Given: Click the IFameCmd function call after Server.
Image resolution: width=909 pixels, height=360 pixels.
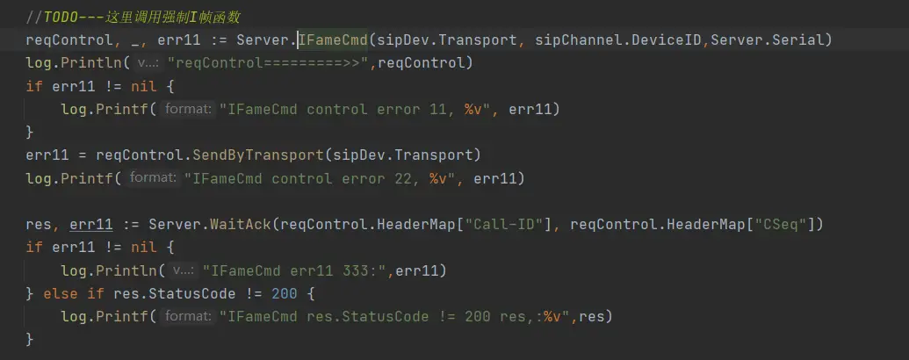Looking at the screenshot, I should [336, 40].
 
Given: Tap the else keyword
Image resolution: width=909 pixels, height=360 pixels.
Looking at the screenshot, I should [56, 292].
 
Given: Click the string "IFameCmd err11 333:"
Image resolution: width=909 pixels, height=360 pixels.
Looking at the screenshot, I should [296, 270].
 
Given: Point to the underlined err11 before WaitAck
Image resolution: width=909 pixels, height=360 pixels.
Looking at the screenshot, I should [87, 224].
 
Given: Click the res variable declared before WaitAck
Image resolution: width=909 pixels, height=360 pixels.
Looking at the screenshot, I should [39, 224].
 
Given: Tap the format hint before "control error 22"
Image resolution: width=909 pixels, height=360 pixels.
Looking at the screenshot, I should [154, 178].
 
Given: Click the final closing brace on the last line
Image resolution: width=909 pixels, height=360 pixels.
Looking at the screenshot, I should [30, 338].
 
